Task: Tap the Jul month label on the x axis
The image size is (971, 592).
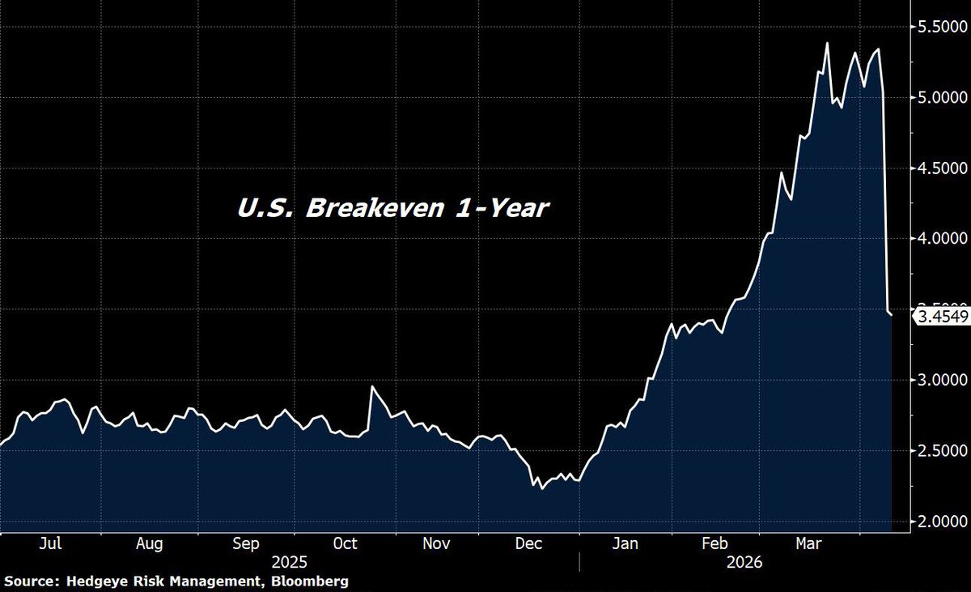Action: pos(51,543)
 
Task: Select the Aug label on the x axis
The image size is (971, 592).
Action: pos(150,543)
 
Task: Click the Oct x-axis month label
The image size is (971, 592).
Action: pos(346,543)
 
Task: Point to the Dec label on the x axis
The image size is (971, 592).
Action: pos(531,543)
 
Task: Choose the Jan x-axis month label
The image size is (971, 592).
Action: pos(626,543)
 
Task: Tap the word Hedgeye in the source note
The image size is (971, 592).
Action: pos(92,581)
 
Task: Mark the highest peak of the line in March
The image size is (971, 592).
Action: pos(827,43)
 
